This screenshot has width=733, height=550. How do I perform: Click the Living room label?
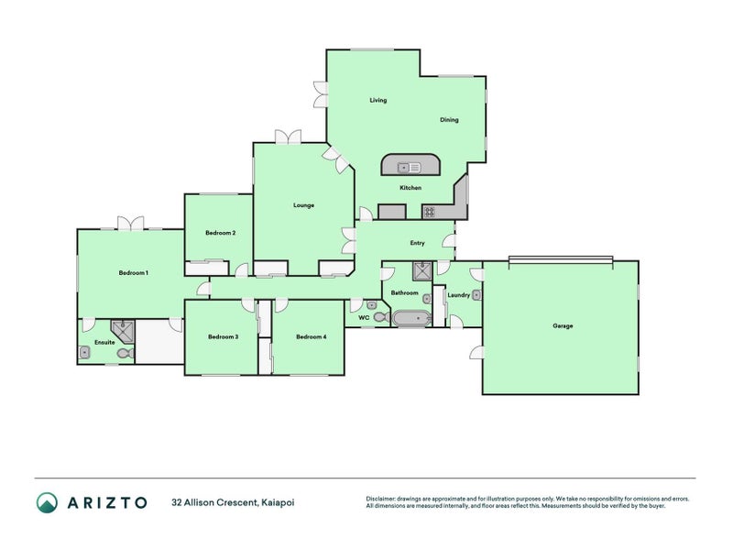pos(377,100)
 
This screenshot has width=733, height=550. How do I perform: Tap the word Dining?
pos(449,119)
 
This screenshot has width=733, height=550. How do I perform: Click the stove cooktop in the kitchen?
pos(428,212)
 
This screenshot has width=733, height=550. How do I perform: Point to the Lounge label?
pos(303,205)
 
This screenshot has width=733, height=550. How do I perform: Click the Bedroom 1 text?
pos(133,272)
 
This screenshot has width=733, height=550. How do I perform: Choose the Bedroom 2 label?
pos(221,233)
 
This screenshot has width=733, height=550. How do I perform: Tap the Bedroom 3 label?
pos(223,336)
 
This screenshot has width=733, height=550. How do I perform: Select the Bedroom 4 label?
pos(311,336)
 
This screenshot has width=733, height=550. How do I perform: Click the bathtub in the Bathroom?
pos(410,319)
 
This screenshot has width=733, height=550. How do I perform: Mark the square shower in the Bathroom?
pos(423,270)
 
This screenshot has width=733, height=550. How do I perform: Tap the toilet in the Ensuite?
pos(125,352)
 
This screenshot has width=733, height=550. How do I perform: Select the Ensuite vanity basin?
pos(85,352)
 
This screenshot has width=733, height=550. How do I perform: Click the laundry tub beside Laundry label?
pos(476,295)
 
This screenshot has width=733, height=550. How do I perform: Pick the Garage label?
pos(563,325)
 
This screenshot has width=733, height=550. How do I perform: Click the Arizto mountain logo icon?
pos(47,501)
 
